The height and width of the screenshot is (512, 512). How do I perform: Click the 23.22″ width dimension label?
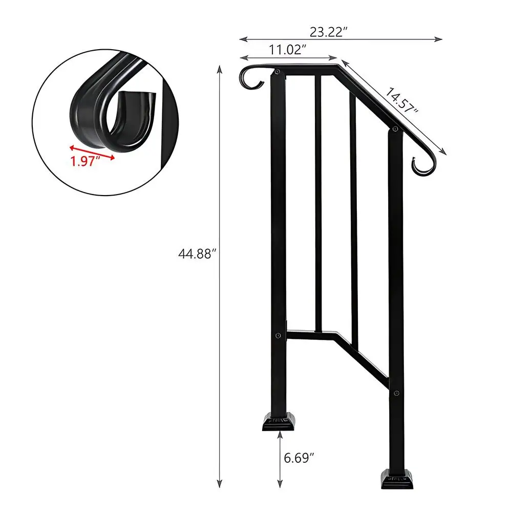[x=329, y=31]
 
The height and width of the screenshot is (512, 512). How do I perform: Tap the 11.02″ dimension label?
[x=287, y=50]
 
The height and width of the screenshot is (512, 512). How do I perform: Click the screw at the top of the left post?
[x=277, y=73]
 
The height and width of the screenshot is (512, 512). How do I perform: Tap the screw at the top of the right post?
[x=395, y=131]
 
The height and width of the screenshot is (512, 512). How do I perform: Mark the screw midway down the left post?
[x=278, y=336]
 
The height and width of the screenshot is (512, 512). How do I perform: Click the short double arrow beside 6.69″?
[x=280, y=459]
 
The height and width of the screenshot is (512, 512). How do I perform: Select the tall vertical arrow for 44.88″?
[x=220, y=276]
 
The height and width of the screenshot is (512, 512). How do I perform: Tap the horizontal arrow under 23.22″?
[x=341, y=39]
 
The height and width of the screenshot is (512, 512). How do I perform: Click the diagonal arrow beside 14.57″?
[x=394, y=108]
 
